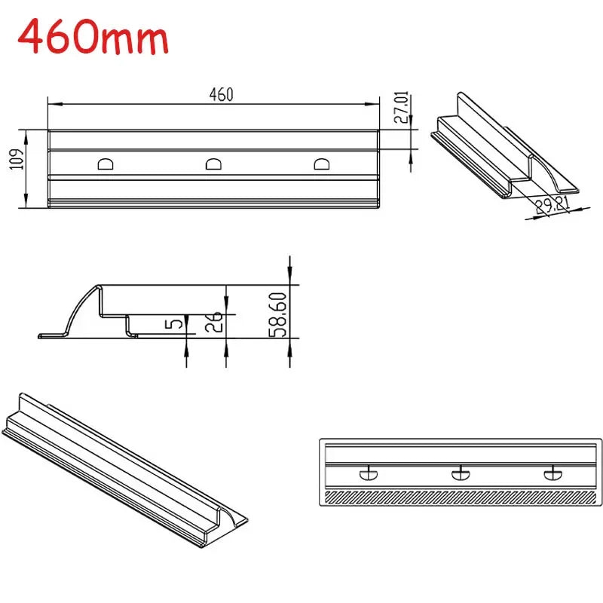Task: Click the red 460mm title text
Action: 93,38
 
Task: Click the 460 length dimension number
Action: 221,94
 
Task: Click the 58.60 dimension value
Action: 278,315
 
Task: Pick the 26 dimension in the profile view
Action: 215,322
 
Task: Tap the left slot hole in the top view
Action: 106,164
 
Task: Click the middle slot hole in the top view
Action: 215,164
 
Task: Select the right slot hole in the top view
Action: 323,164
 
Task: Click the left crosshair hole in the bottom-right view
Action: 369,473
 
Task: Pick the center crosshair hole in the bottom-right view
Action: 461,473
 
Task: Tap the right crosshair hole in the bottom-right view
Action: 552,473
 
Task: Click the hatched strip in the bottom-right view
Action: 461,497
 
